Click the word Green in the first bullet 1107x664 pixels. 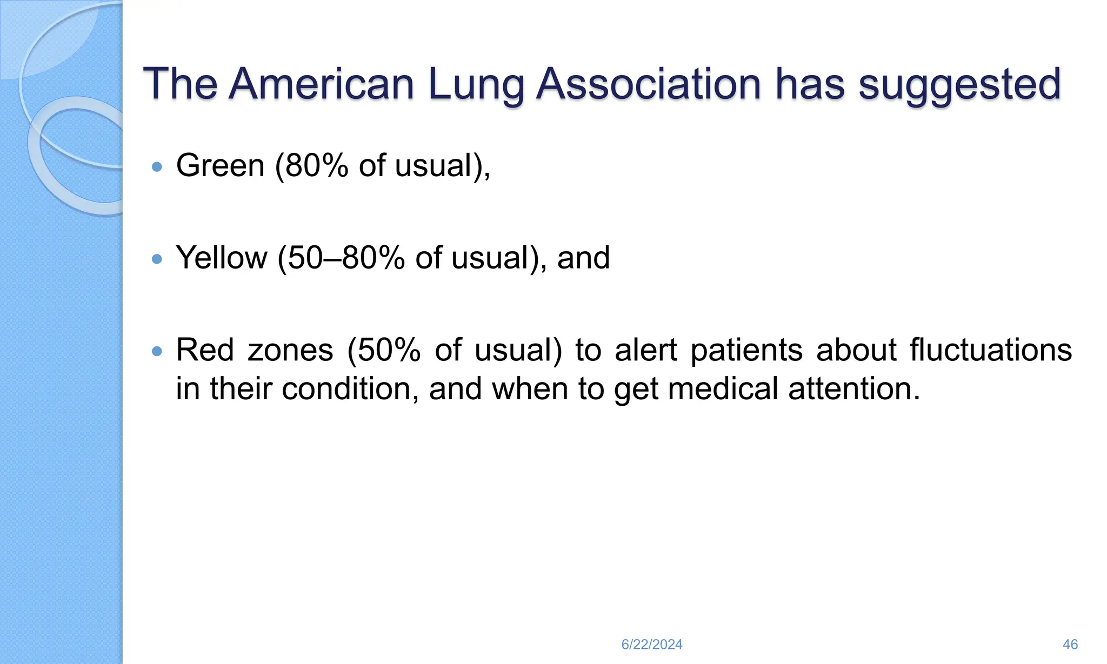220,165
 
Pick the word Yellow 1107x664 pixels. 222,258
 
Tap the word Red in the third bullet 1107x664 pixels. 205,350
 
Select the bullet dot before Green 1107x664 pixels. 157,167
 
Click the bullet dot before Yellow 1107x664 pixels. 157,259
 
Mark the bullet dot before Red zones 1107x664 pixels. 157,352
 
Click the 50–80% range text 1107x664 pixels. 346,258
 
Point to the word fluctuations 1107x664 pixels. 991,350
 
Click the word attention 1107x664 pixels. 854,389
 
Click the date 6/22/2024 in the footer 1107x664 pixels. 652,645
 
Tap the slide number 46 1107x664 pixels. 1070,645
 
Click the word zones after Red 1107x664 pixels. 290,350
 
